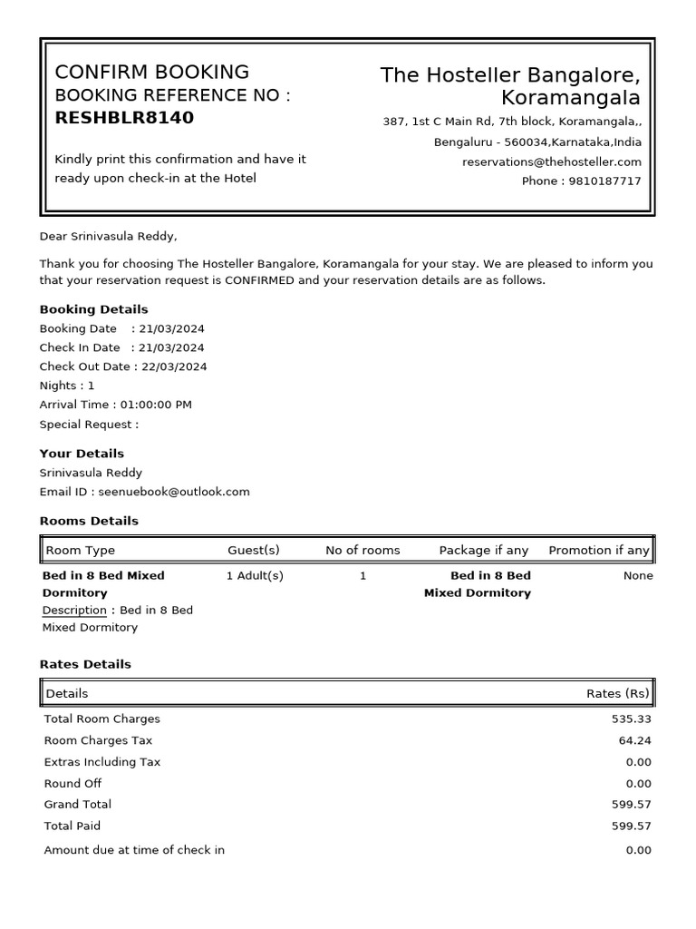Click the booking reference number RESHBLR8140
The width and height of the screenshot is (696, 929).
tap(124, 118)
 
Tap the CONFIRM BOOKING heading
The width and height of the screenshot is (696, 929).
tap(151, 73)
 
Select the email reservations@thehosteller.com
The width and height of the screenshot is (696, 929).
tap(551, 161)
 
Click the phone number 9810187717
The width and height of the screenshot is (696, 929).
tap(604, 181)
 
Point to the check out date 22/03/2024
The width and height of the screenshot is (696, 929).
tap(172, 367)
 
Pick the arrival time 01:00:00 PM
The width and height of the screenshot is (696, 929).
tap(156, 405)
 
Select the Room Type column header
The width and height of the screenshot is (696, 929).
tap(80, 550)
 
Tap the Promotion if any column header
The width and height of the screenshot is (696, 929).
tap(598, 550)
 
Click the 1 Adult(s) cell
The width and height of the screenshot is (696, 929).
tap(255, 575)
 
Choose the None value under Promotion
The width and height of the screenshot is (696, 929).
tap(638, 575)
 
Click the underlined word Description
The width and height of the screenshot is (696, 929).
tap(74, 610)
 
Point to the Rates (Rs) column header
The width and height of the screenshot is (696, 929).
tap(618, 693)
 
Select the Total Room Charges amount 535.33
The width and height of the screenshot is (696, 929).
tap(632, 719)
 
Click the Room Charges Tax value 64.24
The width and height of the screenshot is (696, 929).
tap(635, 740)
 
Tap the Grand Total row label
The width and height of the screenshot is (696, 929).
tap(78, 804)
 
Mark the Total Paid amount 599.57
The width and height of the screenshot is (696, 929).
tap(632, 826)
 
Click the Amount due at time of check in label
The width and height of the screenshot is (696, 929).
tap(134, 850)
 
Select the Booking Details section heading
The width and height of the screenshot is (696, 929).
tap(93, 309)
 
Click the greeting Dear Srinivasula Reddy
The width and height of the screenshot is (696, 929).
tap(108, 237)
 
